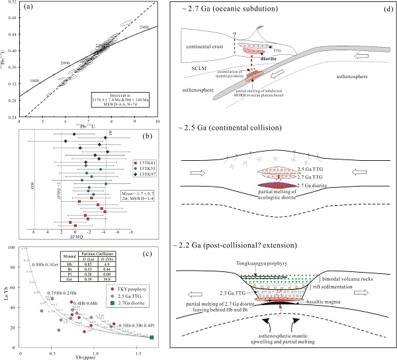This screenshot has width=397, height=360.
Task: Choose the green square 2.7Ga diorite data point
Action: pyautogui.click(x=152, y=337)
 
